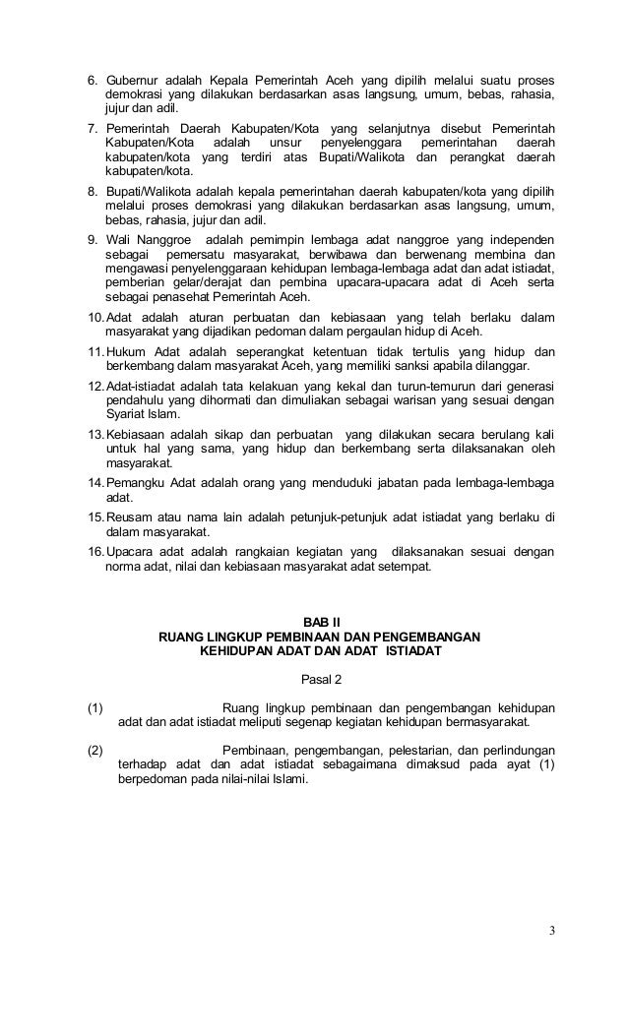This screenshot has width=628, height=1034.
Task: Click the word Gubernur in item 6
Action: click(x=133, y=79)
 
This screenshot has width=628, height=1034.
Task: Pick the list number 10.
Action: click(x=94, y=318)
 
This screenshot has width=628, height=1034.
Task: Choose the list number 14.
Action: click(x=94, y=484)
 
